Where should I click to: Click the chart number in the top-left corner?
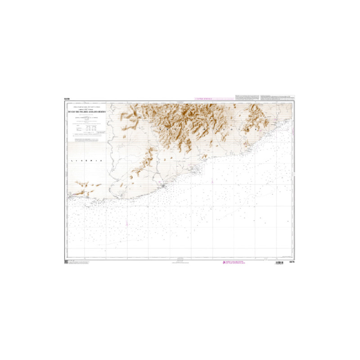[x=67, y=99]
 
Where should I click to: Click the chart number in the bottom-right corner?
[x=292, y=263]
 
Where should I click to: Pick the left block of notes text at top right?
[x=247, y=98]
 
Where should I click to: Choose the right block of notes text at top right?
[x=278, y=98]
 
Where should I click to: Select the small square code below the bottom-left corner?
[x=66, y=262]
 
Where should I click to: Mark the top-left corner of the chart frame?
[x=66, y=102]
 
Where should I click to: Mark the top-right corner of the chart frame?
[x=294, y=102]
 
